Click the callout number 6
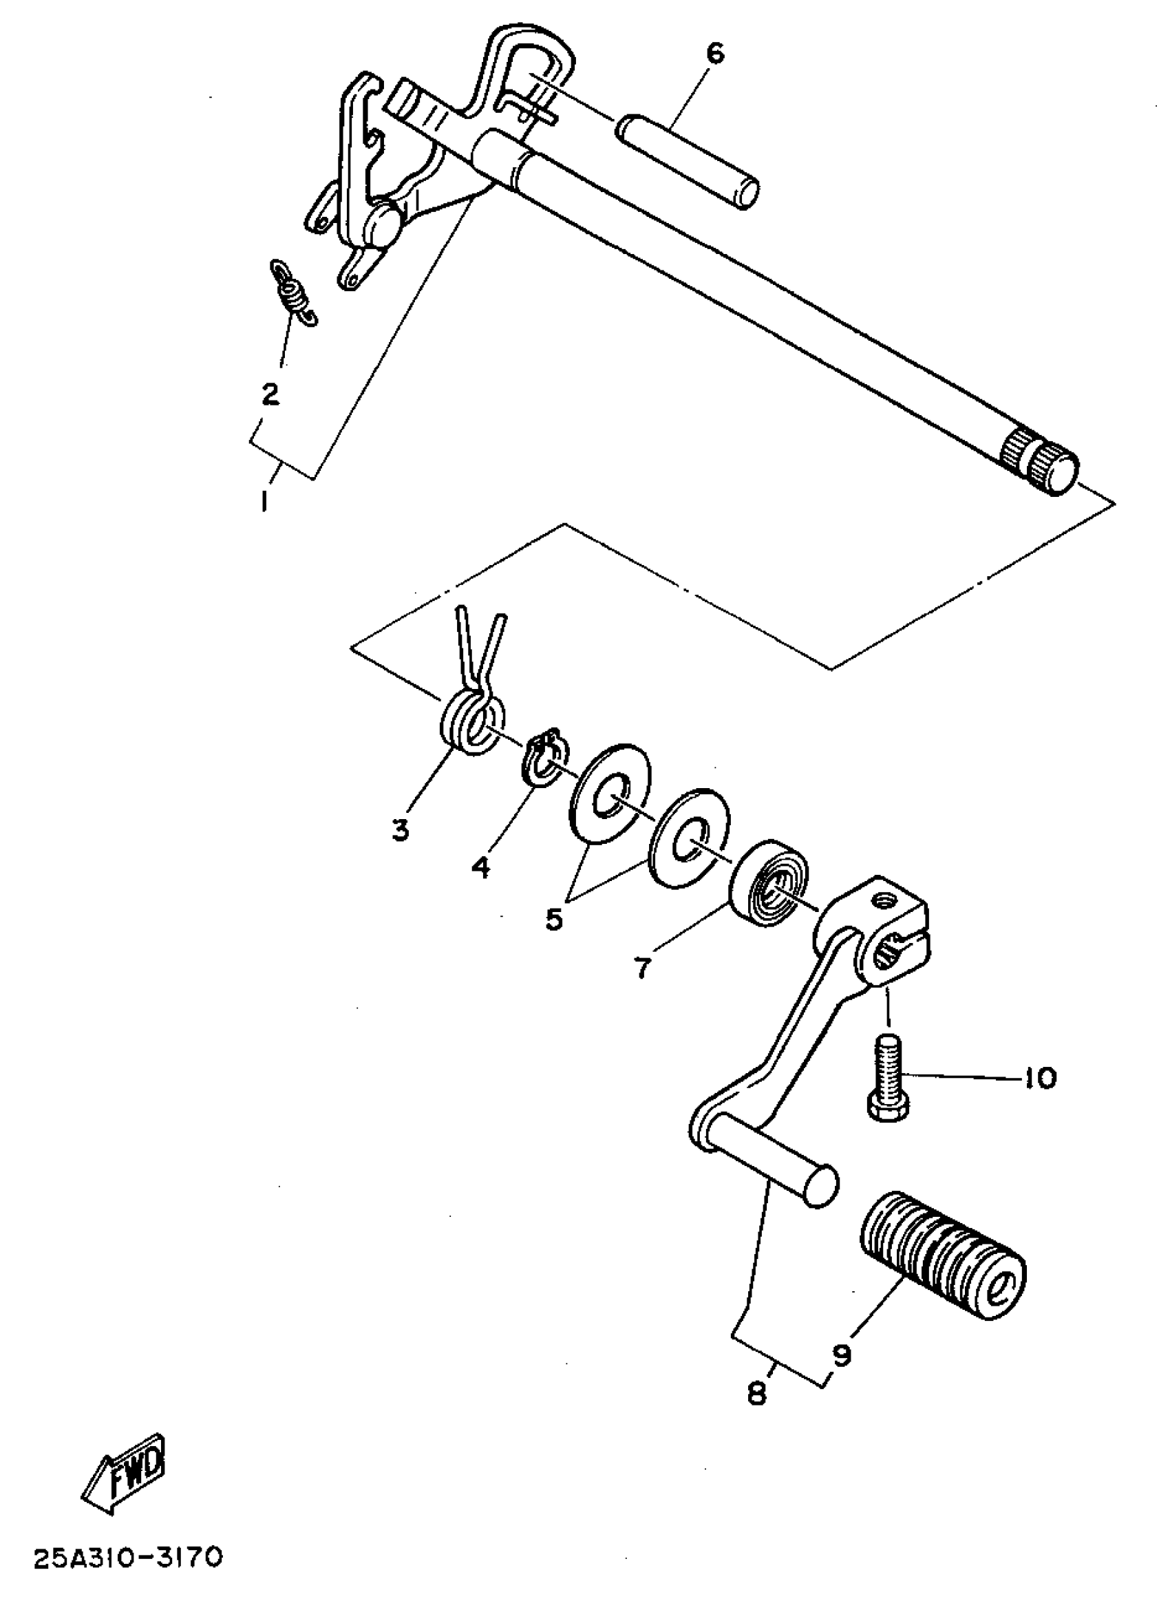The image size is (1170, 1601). (x=715, y=54)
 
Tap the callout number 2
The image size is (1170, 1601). (x=270, y=394)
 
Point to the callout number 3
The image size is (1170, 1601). (x=401, y=829)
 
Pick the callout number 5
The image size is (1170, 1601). (x=553, y=918)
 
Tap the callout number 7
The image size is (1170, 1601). (x=642, y=968)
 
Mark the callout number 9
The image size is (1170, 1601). (x=842, y=1353)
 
